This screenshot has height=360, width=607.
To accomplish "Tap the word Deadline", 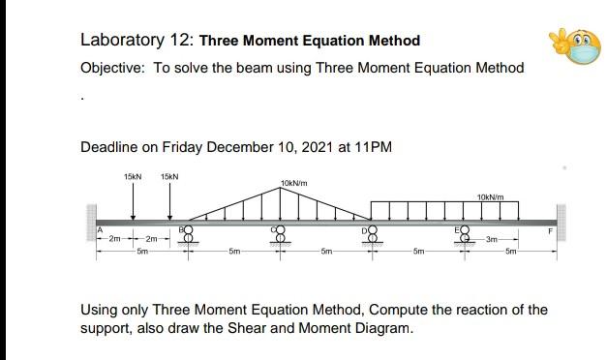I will point(108,147).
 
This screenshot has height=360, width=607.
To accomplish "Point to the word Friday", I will point(186,147).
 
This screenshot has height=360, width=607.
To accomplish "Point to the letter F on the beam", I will point(550,231).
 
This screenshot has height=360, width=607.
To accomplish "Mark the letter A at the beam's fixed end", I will point(98,229).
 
